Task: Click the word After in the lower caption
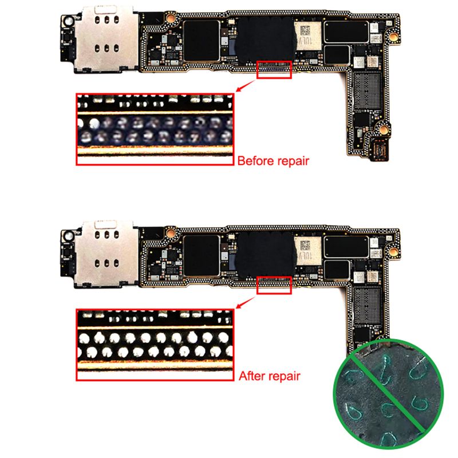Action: (252, 376)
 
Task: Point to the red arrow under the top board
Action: (246, 86)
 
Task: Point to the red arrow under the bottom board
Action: (246, 302)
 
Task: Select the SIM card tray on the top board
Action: (106, 39)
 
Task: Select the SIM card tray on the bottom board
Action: (106, 254)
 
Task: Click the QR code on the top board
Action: (305, 31)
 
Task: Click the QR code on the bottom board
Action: (305, 246)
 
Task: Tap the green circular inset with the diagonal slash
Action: (388, 394)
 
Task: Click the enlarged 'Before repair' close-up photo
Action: (155, 129)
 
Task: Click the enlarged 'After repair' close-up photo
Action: (155, 345)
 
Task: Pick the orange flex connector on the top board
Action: (378, 149)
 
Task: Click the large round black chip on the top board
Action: (265, 40)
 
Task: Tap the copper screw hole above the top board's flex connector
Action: (384, 129)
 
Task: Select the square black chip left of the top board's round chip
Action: (202, 41)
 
